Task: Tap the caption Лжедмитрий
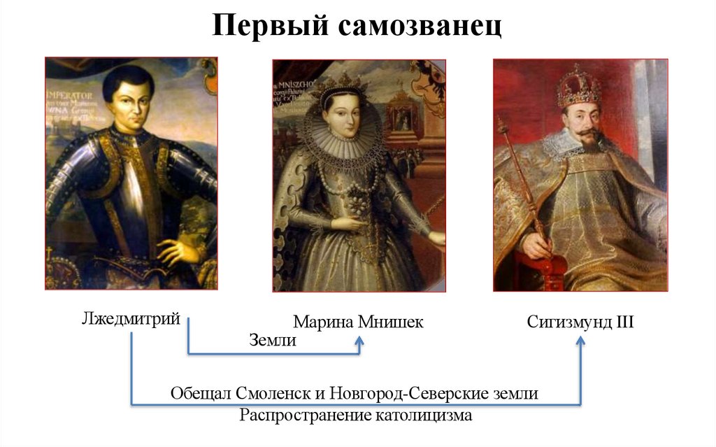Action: coord(131,320)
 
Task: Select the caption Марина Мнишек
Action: coord(358,322)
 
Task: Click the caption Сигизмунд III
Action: coord(580,322)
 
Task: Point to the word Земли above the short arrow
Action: coord(273,341)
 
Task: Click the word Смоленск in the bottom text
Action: coord(276,393)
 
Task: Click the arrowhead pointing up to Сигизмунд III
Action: coord(580,340)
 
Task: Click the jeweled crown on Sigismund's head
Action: coord(578,87)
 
